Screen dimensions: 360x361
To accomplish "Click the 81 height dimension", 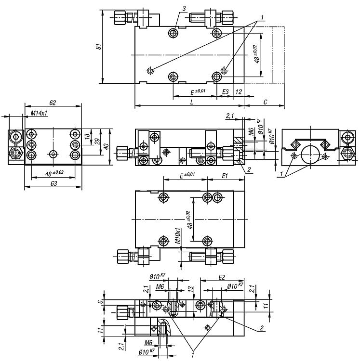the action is [99, 47].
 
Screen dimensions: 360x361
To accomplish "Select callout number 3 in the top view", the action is [184, 9].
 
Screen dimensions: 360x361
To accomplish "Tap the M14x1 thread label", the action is [39, 113].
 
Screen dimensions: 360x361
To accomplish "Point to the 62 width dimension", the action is [53, 103].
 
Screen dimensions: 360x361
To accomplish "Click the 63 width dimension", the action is [53, 183].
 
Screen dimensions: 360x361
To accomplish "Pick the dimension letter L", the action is [192, 102].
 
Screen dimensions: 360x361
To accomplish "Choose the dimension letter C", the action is [265, 102].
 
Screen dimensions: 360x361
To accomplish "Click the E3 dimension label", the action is [226, 92].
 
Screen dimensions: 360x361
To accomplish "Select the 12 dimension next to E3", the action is [239, 92].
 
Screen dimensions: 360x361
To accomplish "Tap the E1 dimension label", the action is [225, 176].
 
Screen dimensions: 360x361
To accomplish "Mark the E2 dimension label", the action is [222, 277].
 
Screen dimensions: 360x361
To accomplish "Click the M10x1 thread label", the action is [178, 236].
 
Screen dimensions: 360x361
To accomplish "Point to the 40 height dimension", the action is [106, 147].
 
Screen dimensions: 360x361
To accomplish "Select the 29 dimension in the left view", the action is [97, 141].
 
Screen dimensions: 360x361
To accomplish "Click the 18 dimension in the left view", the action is [87, 136].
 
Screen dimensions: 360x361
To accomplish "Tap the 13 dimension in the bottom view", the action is [190, 289].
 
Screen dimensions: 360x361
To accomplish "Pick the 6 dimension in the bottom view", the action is [100, 302].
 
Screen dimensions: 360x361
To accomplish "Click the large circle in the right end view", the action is [310, 155].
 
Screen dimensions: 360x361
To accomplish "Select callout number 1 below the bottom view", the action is [192, 355].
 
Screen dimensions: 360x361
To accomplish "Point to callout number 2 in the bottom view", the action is [262, 328].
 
